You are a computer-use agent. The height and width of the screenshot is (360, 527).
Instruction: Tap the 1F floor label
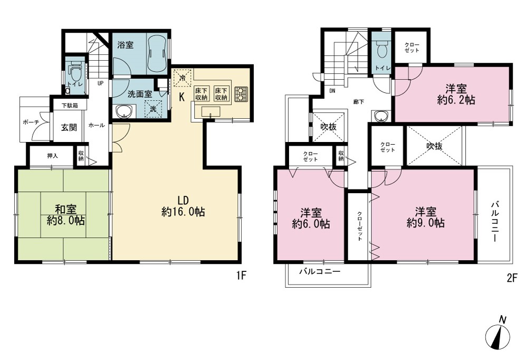[x=241, y=276]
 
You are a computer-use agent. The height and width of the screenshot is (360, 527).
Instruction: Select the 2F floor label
[x=511, y=279]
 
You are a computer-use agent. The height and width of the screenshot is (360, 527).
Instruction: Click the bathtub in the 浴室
[x=157, y=51]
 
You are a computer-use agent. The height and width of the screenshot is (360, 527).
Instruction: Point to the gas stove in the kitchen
[x=241, y=94]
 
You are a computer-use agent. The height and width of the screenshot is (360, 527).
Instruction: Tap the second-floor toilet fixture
[x=382, y=50]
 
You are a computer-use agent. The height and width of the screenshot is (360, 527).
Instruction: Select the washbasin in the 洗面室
[x=123, y=111]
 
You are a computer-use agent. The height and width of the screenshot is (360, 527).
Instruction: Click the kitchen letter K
[x=181, y=97]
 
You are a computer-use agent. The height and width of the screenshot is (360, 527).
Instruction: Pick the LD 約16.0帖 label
[x=183, y=206]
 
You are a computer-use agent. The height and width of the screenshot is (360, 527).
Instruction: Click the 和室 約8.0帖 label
[x=65, y=215]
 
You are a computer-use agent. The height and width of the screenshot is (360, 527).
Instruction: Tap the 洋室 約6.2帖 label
[x=456, y=94]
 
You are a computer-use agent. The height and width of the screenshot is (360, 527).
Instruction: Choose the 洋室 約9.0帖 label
[x=426, y=217]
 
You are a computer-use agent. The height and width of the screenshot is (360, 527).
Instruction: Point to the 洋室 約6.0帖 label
[x=311, y=219]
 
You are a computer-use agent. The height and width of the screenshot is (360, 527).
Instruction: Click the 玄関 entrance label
[x=69, y=127]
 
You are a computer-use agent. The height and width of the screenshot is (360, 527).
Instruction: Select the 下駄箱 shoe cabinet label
[x=70, y=106]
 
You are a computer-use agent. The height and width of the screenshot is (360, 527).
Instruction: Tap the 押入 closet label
[x=52, y=156]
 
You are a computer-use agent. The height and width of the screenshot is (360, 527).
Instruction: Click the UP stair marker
[x=100, y=83]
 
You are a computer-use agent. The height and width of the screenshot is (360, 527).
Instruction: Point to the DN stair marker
[x=332, y=90]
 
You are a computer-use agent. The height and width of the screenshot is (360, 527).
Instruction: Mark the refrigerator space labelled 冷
[x=183, y=78]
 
